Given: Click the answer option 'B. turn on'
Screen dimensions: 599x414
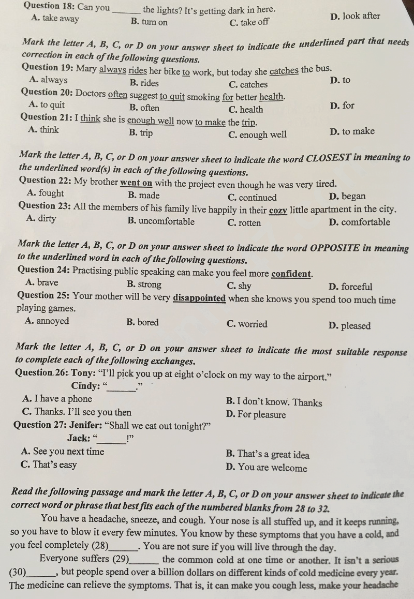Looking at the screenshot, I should (x=149, y=22).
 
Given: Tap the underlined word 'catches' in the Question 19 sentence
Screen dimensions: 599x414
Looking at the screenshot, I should (x=284, y=70).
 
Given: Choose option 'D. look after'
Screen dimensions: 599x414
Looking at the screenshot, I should (x=354, y=16).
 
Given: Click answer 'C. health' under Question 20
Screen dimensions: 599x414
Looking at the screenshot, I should (x=245, y=110).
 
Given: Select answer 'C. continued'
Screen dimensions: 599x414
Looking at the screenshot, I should (x=252, y=197).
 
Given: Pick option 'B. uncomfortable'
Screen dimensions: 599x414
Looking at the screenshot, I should (x=160, y=222).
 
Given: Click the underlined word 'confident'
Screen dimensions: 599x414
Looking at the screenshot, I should (x=291, y=273).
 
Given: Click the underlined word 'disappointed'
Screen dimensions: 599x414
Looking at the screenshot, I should (x=199, y=298).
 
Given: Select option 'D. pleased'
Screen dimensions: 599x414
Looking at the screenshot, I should (x=349, y=326).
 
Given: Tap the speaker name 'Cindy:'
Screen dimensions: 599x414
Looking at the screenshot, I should (x=85, y=385).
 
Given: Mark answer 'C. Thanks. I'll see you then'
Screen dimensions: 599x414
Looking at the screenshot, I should (x=77, y=412).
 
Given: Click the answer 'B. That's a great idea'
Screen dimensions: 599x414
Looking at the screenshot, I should (x=268, y=455).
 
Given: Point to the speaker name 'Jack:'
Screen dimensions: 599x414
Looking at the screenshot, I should (x=79, y=439).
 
